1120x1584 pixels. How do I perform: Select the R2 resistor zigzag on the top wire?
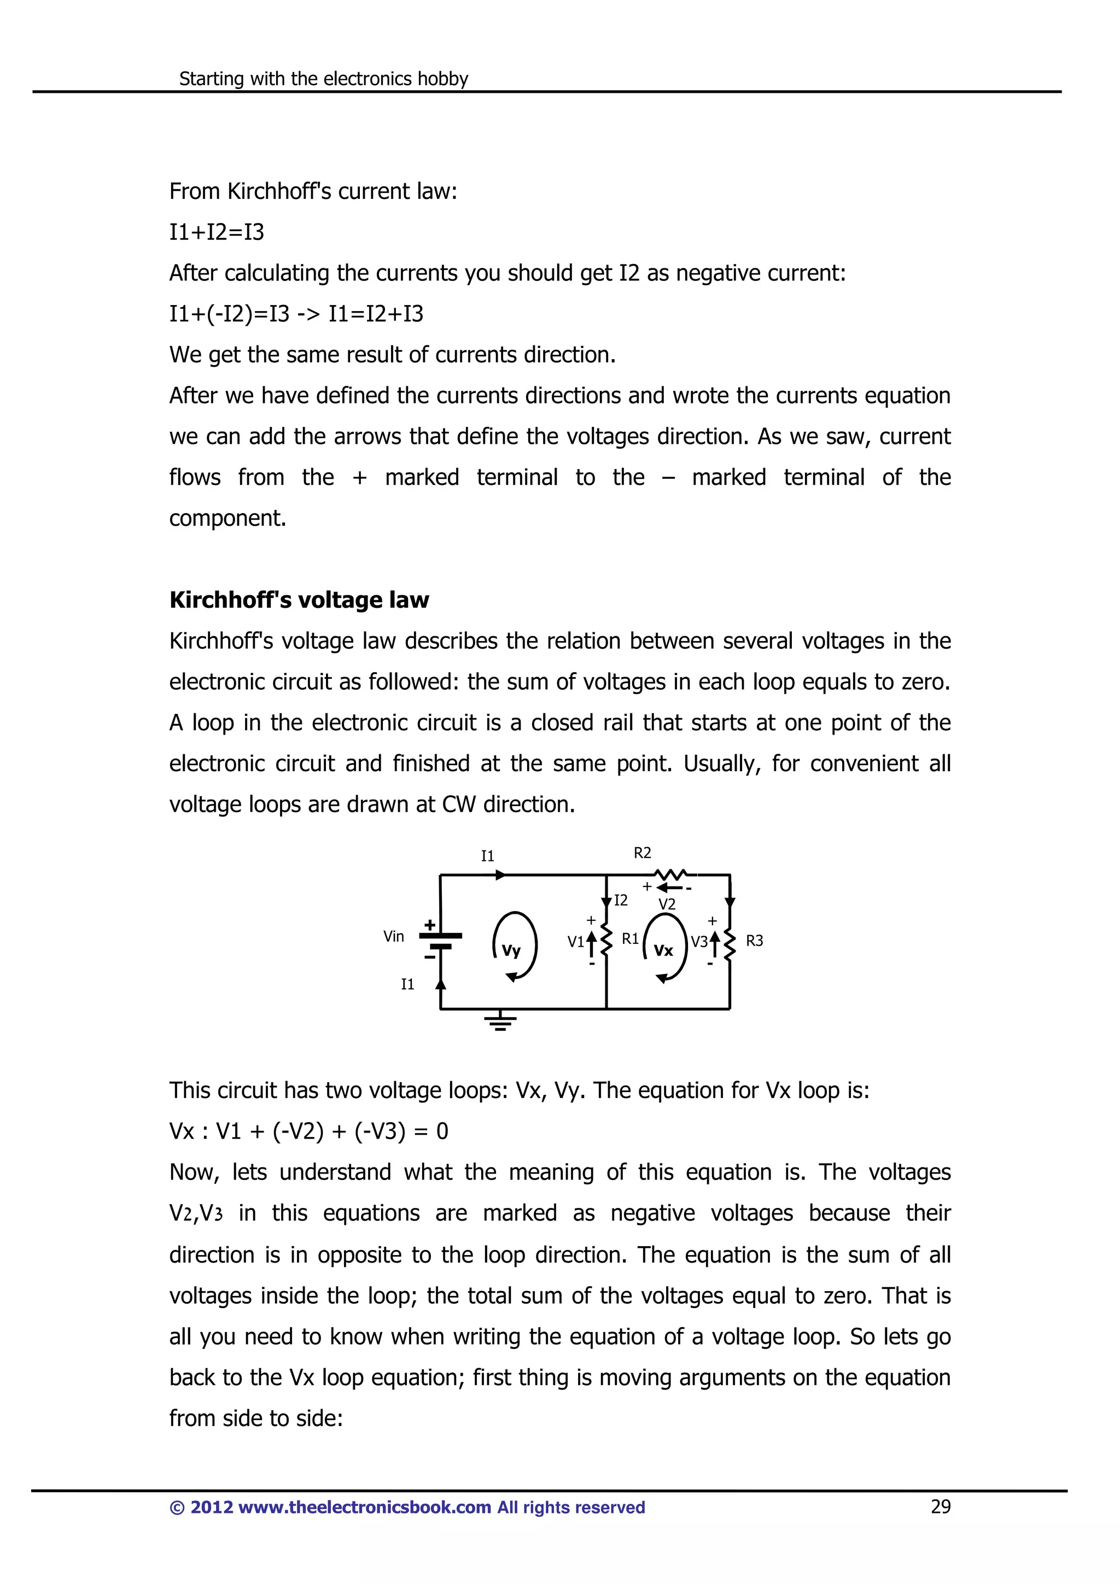click(669, 874)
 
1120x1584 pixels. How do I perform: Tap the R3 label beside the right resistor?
click(754, 941)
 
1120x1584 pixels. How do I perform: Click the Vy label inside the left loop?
click(511, 951)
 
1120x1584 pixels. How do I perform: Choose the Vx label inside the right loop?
click(663, 951)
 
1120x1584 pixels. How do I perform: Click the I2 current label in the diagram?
click(620, 900)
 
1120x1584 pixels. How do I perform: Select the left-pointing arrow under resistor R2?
click(668, 888)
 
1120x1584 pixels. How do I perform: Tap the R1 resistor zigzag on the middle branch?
click(606, 940)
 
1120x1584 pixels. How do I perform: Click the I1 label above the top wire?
click(488, 856)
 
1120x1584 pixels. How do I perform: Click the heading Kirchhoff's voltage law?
click(299, 600)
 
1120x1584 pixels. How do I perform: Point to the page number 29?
click(941, 1507)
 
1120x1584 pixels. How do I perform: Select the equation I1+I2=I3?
click(217, 232)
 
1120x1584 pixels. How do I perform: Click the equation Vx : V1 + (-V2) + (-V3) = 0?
click(308, 1131)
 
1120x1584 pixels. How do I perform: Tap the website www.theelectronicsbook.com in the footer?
click(364, 1507)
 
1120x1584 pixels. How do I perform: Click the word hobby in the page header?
click(443, 79)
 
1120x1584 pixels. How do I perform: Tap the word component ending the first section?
click(227, 518)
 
